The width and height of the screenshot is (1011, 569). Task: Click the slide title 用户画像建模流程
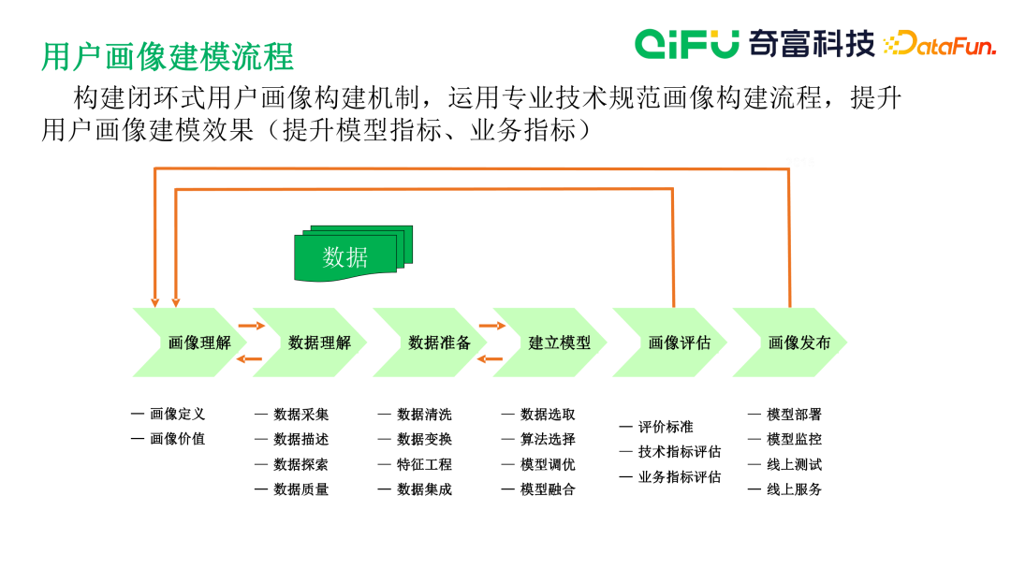point(168,56)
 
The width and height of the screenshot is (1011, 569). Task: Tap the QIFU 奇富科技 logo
point(755,42)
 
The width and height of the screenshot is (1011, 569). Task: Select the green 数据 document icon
point(346,255)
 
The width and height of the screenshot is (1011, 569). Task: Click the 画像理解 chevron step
point(192,343)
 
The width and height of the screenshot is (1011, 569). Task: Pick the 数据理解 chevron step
point(313,343)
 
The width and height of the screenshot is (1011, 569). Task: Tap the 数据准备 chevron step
point(432,343)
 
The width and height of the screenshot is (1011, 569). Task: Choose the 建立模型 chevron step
point(552,343)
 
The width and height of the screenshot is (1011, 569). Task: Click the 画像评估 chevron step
point(672,343)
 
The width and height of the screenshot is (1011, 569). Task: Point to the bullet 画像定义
point(177,414)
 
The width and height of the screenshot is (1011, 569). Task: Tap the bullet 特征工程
point(424,464)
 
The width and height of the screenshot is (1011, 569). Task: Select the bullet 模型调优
point(548,464)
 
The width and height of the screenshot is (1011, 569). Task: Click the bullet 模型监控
point(794,439)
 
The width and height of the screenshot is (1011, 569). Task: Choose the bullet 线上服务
point(794,489)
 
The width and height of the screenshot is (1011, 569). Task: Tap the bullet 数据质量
point(300,489)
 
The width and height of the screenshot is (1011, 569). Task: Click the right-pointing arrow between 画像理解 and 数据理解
point(251,326)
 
